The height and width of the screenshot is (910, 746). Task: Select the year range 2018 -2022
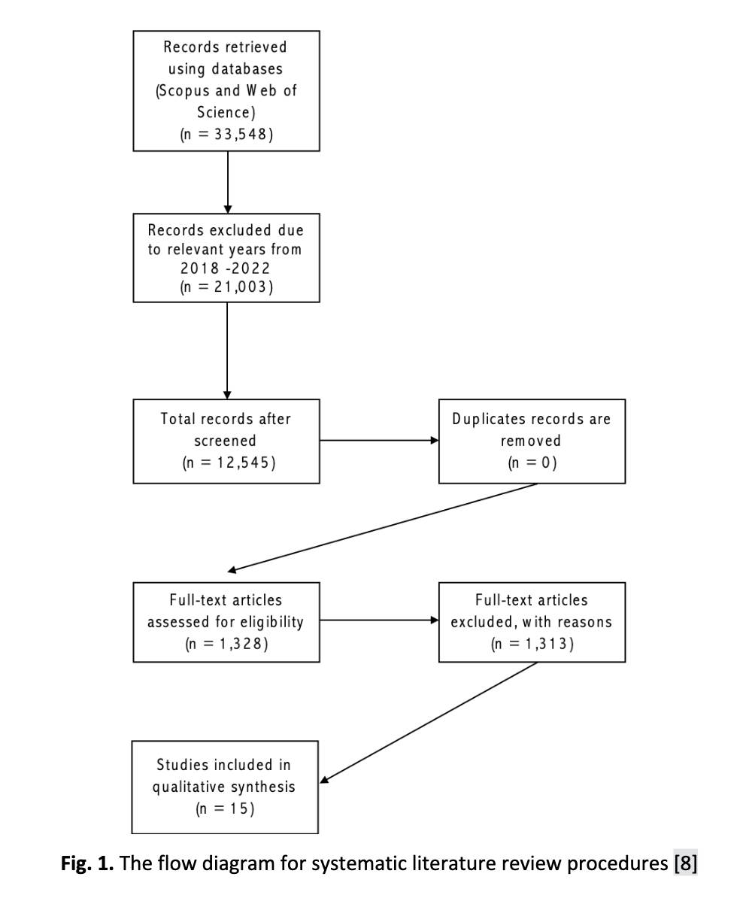(x=225, y=268)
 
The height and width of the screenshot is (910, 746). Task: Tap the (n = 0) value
(x=532, y=463)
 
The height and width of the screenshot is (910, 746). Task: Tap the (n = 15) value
(x=225, y=808)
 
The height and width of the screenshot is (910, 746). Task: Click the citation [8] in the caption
(x=686, y=863)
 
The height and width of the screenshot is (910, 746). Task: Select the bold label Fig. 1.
(x=87, y=863)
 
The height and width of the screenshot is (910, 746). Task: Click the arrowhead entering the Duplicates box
(x=435, y=440)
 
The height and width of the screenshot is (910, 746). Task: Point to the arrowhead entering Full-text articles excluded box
(x=435, y=620)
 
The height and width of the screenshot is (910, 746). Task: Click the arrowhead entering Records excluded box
(x=228, y=210)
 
